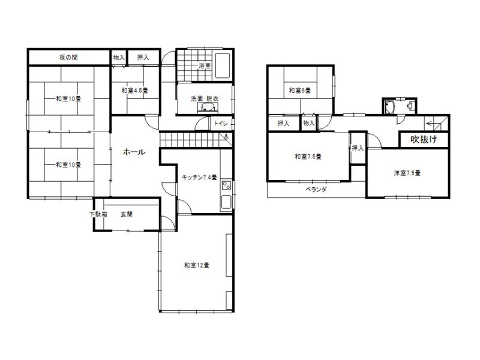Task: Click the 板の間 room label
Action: (68, 57)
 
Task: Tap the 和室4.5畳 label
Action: (134, 91)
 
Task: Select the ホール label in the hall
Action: (134, 152)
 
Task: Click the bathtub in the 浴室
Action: (223, 66)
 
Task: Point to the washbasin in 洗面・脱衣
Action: (208, 107)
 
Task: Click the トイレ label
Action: (221, 124)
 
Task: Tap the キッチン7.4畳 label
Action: (199, 177)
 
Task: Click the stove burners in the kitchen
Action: (227, 186)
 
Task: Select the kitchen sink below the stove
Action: (227, 202)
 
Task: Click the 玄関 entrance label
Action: (127, 214)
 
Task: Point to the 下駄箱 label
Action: (98, 214)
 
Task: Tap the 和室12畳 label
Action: (197, 265)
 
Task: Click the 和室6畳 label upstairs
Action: (300, 91)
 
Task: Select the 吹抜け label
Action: (424, 140)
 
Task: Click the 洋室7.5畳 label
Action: (407, 173)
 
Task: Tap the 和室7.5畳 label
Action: (308, 157)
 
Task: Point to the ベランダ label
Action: (316, 190)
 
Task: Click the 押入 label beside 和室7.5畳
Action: (358, 148)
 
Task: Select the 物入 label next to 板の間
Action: (119, 57)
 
